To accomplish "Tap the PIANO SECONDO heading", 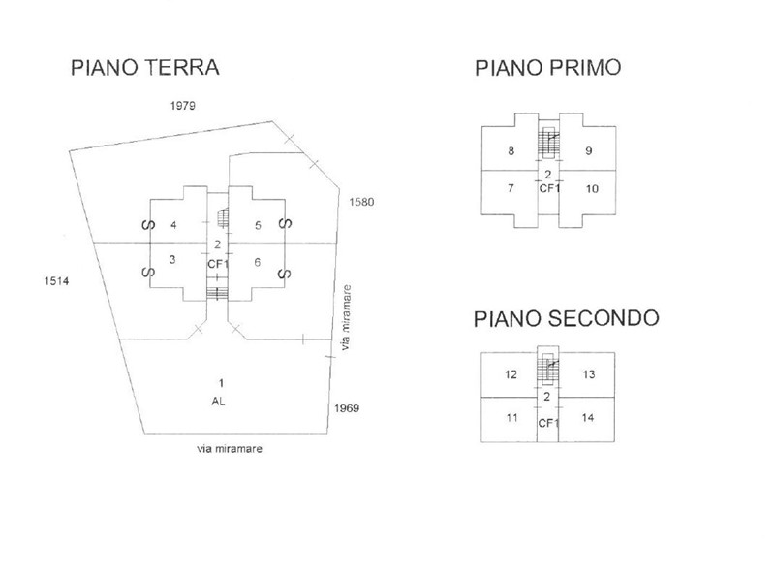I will pyautogui.click(x=567, y=319).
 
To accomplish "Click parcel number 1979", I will pyautogui.click(x=181, y=107).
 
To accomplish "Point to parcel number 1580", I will pyautogui.click(x=361, y=202).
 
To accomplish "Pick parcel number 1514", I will pyautogui.click(x=59, y=281).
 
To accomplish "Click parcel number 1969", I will pyautogui.click(x=347, y=408).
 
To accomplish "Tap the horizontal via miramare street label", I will pyautogui.click(x=230, y=449).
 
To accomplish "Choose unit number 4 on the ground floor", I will pyautogui.click(x=172, y=225).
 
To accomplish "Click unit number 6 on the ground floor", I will pyautogui.click(x=258, y=261).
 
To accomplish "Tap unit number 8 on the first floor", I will pyautogui.click(x=511, y=151).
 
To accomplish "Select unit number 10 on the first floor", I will pyautogui.click(x=592, y=188).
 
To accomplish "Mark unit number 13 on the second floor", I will pyautogui.click(x=589, y=374).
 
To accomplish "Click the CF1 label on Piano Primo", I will pyautogui.click(x=549, y=188).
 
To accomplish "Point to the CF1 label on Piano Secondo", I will pyautogui.click(x=548, y=423).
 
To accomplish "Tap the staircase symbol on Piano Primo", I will pyautogui.click(x=549, y=142).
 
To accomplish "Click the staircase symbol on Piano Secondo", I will pyautogui.click(x=549, y=370).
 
